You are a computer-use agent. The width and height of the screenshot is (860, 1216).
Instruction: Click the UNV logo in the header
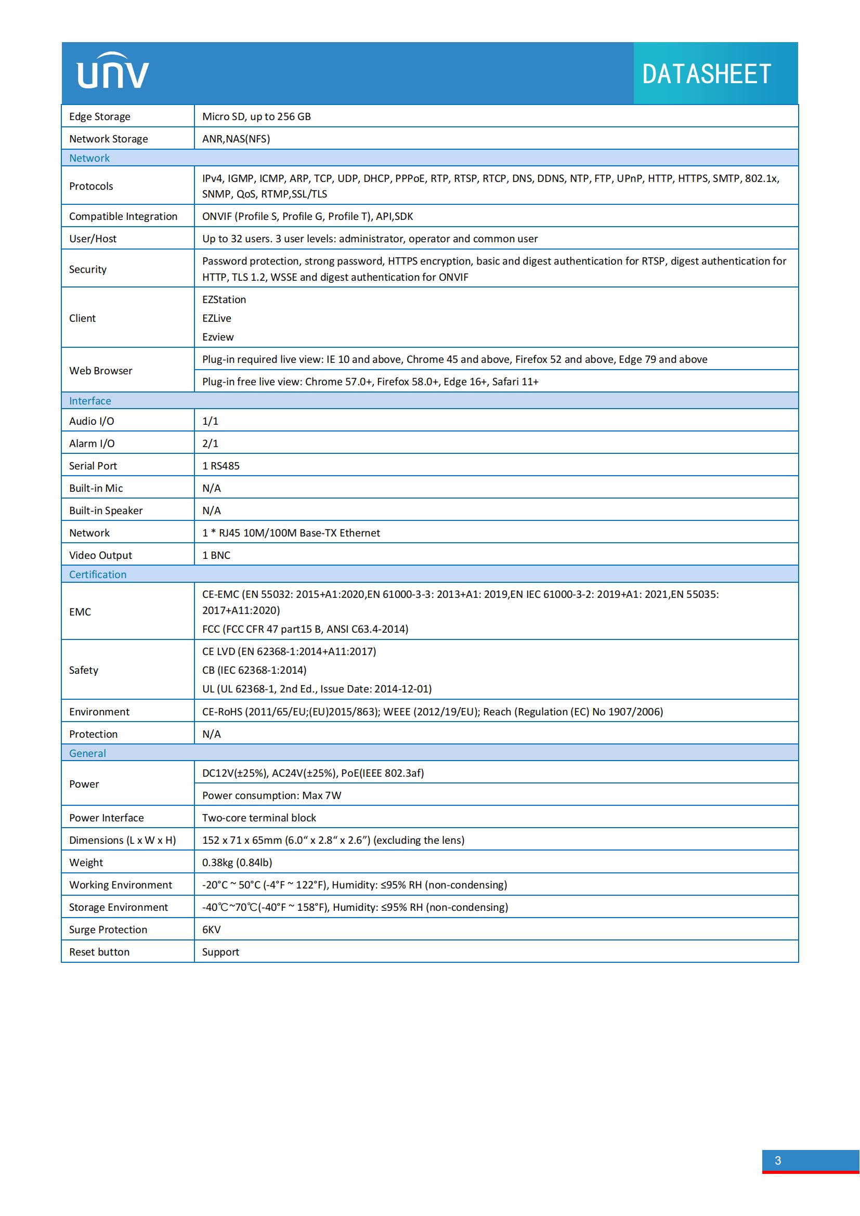tap(113, 71)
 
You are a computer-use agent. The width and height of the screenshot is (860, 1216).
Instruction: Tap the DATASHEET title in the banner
tap(707, 74)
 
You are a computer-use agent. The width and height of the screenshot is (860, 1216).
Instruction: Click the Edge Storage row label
tap(99, 116)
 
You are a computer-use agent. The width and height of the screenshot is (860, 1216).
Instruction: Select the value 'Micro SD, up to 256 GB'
tap(256, 116)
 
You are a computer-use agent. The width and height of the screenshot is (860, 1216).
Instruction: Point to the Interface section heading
tap(90, 401)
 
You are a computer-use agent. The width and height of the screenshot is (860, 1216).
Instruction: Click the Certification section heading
tap(97, 574)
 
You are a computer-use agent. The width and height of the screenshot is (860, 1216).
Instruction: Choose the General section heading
tap(87, 753)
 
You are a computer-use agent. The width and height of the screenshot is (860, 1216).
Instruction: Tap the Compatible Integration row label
tap(123, 216)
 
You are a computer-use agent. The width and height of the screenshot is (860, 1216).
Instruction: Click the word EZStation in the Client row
tap(224, 299)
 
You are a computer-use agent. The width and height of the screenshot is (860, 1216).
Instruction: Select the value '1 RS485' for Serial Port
tap(221, 465)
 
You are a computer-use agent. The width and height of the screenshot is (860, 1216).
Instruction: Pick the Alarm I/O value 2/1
tap(210, 443)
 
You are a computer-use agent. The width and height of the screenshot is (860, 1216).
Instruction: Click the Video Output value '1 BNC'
tap(216, 555)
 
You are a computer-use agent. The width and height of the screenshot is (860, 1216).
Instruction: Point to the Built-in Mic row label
tap(96, 488)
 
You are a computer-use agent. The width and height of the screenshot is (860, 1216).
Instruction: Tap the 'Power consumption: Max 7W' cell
tap(271, 795)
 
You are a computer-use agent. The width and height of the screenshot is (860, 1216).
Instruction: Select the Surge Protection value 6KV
tap(211, 930)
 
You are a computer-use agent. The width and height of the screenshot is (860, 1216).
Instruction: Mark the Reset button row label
tap(99, 952)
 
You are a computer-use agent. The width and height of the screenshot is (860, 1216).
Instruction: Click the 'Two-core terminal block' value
tap(259, 818)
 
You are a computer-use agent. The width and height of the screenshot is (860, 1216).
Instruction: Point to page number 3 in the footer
tap(777, 1160)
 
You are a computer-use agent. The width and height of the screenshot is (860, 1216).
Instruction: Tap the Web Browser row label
tap(101, 371)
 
